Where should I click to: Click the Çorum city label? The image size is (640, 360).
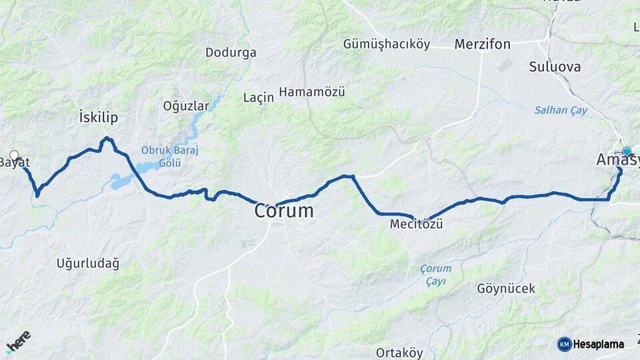[283, 211]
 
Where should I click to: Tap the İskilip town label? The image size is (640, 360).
[98, 118]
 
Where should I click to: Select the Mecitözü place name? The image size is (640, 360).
[417, 225]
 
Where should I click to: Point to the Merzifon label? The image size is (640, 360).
[482, 45]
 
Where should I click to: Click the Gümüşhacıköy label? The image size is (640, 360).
[385, 45]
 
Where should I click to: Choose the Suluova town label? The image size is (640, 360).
[555, 67]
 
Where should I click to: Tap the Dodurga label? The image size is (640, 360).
[231, 52]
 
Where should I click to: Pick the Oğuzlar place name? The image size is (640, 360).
[186, 105]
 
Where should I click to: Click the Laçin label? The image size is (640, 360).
[259, 97]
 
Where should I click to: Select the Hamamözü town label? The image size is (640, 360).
[312, 92]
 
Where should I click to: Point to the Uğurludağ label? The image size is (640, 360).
[87, 264]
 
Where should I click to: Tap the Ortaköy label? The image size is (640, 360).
[400, 352]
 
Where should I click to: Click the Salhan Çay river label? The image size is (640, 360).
[560, 110]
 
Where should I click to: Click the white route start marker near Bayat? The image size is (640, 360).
[14, 155]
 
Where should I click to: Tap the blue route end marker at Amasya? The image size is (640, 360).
[627, 151]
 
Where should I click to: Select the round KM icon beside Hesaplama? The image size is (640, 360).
[564, 344]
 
